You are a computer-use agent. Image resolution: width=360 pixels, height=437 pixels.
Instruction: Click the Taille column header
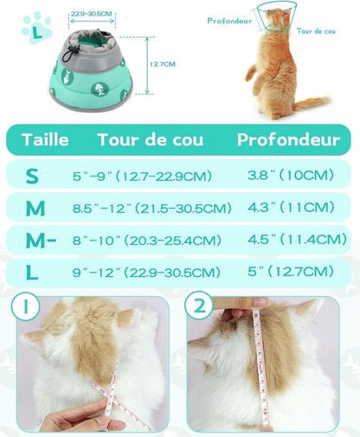pos(45,139)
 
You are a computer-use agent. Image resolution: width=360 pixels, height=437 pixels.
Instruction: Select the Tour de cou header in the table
pos(151,139)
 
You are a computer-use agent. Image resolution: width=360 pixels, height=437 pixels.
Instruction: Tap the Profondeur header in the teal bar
pos(289,139)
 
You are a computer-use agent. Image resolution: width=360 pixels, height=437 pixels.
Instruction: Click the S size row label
pos(32,176)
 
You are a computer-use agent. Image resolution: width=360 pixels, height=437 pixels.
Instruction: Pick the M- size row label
pos(41,240)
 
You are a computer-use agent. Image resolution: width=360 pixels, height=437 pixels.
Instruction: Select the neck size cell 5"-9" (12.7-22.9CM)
pos(142,176)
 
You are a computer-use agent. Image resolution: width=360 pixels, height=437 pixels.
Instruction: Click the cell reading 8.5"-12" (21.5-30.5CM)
pos(152,208)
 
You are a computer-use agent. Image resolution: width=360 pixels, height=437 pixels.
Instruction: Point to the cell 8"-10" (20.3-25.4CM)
pos(147,240)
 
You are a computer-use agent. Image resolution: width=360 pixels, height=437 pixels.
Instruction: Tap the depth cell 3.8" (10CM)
pos(291,175)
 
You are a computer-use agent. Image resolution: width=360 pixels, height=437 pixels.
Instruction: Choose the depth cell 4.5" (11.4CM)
pos(297,239)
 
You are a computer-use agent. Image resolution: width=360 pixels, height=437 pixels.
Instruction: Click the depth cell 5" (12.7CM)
pos(291,272)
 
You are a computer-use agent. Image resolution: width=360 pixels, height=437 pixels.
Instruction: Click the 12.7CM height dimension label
pos(163,64)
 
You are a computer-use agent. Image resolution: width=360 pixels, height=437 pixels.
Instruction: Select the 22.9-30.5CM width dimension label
pos(92,14)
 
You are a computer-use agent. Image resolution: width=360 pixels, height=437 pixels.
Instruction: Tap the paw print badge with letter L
pos(36,28)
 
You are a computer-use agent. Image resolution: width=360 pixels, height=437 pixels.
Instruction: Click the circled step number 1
pos(26,306)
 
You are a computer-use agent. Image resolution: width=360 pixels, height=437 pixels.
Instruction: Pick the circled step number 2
pos(199,305)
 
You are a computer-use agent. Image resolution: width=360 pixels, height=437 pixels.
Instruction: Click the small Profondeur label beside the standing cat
pos(229,21)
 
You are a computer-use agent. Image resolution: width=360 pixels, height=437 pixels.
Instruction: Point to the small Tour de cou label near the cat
pos(316,31)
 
